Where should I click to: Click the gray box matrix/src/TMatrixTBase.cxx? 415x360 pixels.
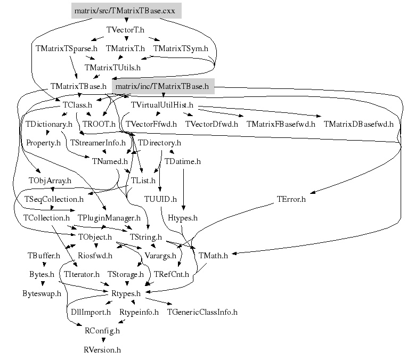coord(126,11)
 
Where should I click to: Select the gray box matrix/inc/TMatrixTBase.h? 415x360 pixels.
coord(162,86)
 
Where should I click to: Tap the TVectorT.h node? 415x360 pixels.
coord(126,30)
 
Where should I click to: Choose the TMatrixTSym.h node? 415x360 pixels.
coord(181,48)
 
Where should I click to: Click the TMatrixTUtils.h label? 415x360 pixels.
coord(112,68)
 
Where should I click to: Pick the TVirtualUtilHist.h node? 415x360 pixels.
coord(162,105)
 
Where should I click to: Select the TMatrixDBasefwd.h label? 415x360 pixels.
coord(358,124)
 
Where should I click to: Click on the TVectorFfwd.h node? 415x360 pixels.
coord(152,124)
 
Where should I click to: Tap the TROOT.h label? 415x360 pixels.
coord(99,124)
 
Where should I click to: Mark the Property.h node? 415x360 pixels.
coord(43,143)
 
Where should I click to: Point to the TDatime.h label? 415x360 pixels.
coord(182,161)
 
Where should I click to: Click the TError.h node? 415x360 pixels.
coord(291,200)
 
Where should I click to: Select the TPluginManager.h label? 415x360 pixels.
coord(109,218)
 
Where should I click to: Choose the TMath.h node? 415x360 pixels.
coord(213,256)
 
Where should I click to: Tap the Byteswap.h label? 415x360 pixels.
coord(42,293)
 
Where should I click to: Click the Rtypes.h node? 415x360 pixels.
coord(126,293)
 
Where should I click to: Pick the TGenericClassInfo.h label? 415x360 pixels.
coord(202,312)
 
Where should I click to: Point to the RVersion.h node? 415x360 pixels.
coord(102,350)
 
